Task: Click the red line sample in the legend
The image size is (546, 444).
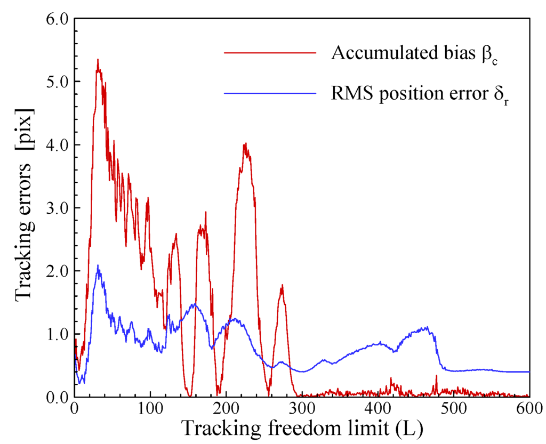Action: [270, 52]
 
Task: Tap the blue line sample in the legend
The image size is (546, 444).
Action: [270, 93]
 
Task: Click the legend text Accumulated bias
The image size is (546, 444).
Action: [412, 53]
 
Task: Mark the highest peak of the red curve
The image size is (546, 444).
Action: [98, 59]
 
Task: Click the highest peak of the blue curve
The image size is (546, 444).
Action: [98, 265]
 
